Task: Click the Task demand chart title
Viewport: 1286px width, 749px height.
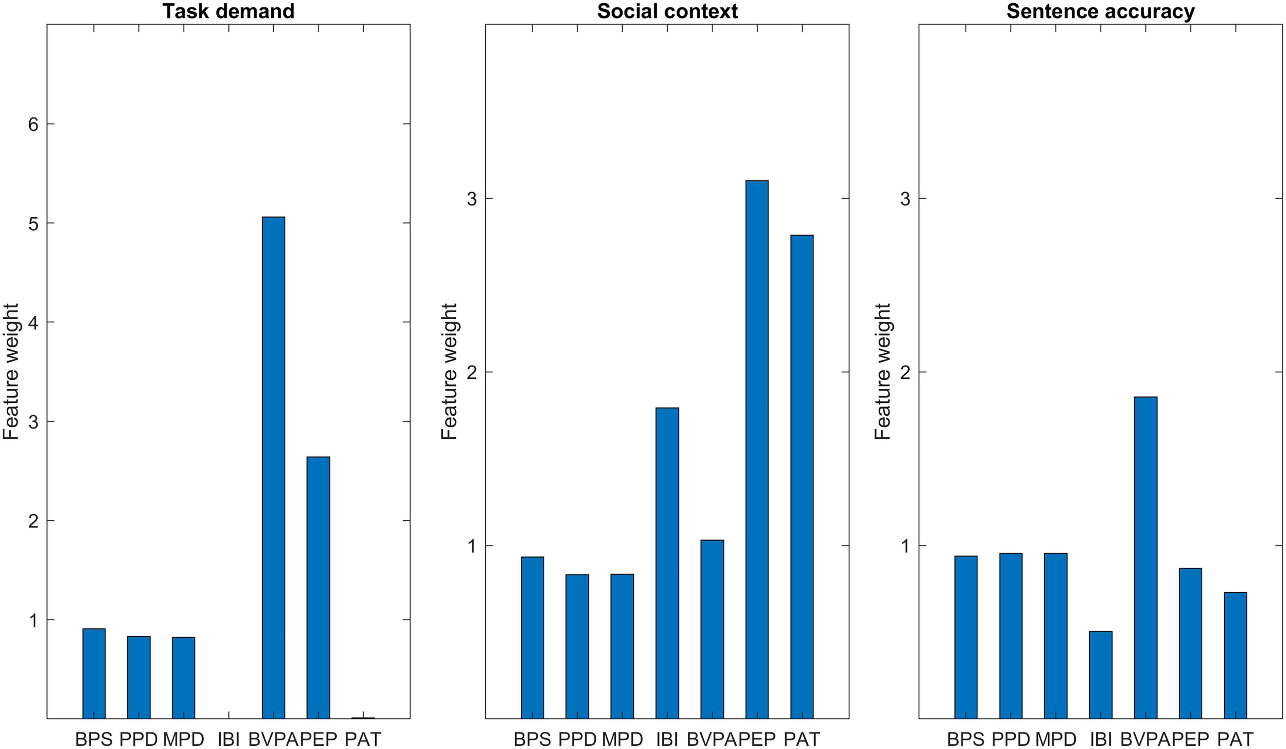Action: (x=228, y=11)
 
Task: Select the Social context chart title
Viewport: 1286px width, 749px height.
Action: (x=667, y=11)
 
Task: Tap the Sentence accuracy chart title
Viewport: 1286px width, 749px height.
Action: (x=1100, y=11)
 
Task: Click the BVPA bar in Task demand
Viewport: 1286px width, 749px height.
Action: (x=274, y=467)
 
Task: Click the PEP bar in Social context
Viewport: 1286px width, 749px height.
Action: (x=757, y=449)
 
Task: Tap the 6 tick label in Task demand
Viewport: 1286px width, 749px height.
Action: (x=34, y=124)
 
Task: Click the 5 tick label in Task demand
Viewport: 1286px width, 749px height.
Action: (x=34, y=223)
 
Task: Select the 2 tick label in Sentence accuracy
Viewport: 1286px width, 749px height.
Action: (x=905, y=372)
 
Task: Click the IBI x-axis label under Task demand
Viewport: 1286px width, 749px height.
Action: (x=228, y=739)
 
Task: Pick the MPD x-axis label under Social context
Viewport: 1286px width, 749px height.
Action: (x=622, y=739)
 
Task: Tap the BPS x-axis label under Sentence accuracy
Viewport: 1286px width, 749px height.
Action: (x=965, y=739)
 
